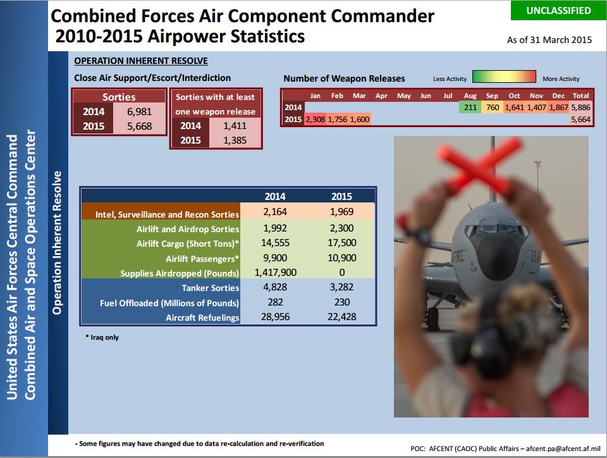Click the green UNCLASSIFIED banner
(558, 11)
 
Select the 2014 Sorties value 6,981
(139, 111)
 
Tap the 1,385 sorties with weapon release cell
(235, 140)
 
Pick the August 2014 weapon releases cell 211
(470, 108)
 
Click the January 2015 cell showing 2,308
(315, 119)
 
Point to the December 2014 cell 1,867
(558, 108)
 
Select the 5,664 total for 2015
(580, 119)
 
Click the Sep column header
(492, 96)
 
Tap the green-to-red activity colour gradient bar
(504, 77)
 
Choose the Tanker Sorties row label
(211, 288)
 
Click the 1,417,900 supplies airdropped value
(275, 273)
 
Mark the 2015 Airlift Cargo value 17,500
(342, 243)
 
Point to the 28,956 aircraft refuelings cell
(275, 317)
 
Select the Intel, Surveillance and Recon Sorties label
(167, 214)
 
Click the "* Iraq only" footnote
(102, 337)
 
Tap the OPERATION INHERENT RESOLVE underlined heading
(141, 61)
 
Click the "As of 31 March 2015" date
(549, 40)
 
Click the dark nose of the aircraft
(498, 252)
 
